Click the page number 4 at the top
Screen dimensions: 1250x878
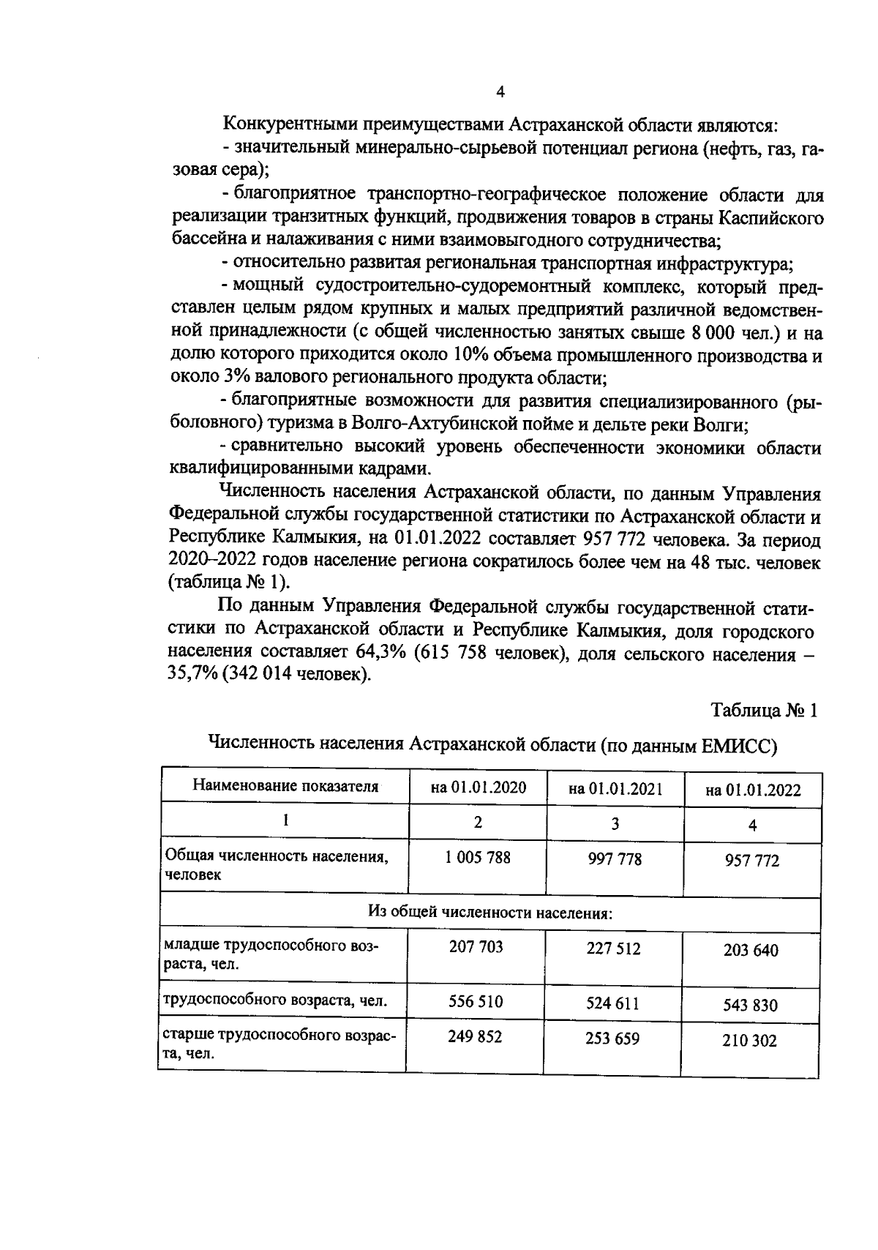click(500, 91)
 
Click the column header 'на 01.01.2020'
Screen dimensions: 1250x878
click(478, 787)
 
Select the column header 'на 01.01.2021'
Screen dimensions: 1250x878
click(615, 789)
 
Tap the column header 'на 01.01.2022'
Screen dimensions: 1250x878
click(752, 790)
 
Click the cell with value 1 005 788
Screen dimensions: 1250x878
click(478, 857)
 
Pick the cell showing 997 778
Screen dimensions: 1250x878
click(615, 858)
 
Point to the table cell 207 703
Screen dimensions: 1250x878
click(476, 947)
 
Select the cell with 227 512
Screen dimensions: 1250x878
click(613, 948)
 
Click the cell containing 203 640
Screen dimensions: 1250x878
click(751, 951)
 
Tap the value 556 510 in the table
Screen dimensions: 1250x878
click(476, 1001)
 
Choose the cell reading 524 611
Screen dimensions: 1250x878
click(613, 1003)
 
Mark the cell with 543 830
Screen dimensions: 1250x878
click(751, 1005)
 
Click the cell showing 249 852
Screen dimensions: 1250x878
click(476, 1036)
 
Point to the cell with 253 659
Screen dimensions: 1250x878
click(613, 1038)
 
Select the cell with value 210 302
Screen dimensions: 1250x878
click(751, 1040)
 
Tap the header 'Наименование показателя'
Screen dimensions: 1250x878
click(285, 787)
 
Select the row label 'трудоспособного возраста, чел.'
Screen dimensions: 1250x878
click(274, 1000)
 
